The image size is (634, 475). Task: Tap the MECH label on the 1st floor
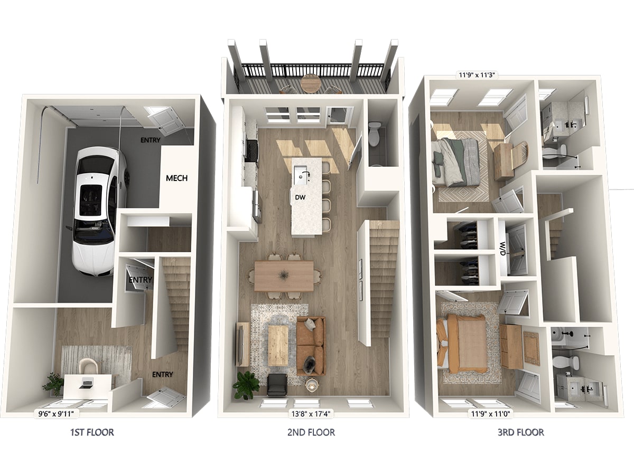point(177,178)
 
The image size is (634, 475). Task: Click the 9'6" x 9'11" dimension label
point(56,414)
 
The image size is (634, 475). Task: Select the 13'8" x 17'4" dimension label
point(311,414)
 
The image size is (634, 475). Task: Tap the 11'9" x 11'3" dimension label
point(477,75)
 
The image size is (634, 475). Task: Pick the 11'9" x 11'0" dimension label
point(490,414)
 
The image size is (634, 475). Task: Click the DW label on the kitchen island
point(300,197)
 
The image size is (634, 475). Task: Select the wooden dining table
point(284,276)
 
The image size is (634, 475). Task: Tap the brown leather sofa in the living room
point(311,346)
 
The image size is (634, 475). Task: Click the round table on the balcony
point(311,83)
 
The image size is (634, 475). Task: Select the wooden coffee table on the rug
point(278,346)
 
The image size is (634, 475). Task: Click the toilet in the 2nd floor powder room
point(375,134)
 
